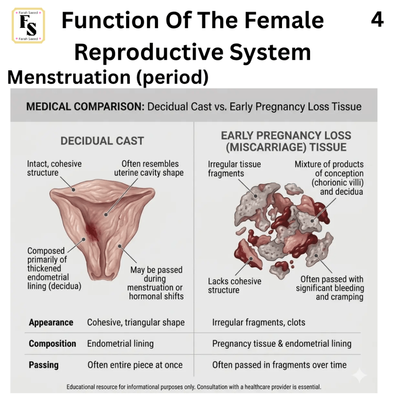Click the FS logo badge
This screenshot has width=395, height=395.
(28, 26)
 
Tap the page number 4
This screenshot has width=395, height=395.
(377, 20)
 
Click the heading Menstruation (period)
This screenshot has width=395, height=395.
(108, 77)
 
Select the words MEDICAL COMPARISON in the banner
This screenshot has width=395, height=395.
(85, 106)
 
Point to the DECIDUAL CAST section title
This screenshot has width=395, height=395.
(102, 141)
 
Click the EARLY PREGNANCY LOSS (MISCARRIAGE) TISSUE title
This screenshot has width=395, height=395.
(286, 141)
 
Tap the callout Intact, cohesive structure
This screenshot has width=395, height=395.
(54, 168)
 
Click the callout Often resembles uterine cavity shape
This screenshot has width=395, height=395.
(149, 168)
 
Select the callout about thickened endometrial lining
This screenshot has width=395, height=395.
(54, 268)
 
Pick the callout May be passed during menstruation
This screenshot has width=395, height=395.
(155, 283)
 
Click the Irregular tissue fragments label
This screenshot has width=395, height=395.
(234, 169)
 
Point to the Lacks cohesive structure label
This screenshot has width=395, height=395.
(235, 286)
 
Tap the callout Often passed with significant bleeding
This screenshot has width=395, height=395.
(330, 288)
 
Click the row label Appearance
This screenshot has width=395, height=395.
(51, 322)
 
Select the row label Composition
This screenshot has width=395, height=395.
(52, 344)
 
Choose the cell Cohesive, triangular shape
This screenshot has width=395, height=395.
(136, 322)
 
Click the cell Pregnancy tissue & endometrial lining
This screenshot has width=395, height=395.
(282, 344)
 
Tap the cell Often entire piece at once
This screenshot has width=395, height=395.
(135, 365)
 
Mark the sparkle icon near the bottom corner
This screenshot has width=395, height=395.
(360, 375)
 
